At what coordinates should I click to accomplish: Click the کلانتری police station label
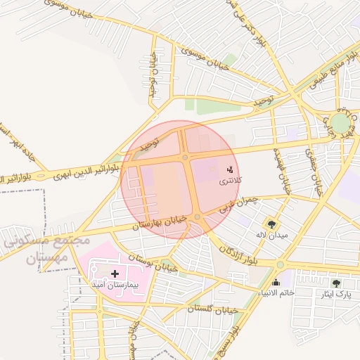(x=230, y=181)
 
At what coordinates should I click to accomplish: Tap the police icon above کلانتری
(x=230, y=169)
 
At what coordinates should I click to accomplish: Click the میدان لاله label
(x=271, y=235)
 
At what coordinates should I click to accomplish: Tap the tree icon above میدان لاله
(x=271, y=224)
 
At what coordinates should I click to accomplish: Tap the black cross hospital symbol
(x=115, y=272)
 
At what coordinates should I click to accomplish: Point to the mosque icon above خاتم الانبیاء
(x=276, y=283)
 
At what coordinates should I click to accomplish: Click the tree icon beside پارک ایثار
(x=335, y=283)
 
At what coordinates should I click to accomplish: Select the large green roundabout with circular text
(x=341, y=123)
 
